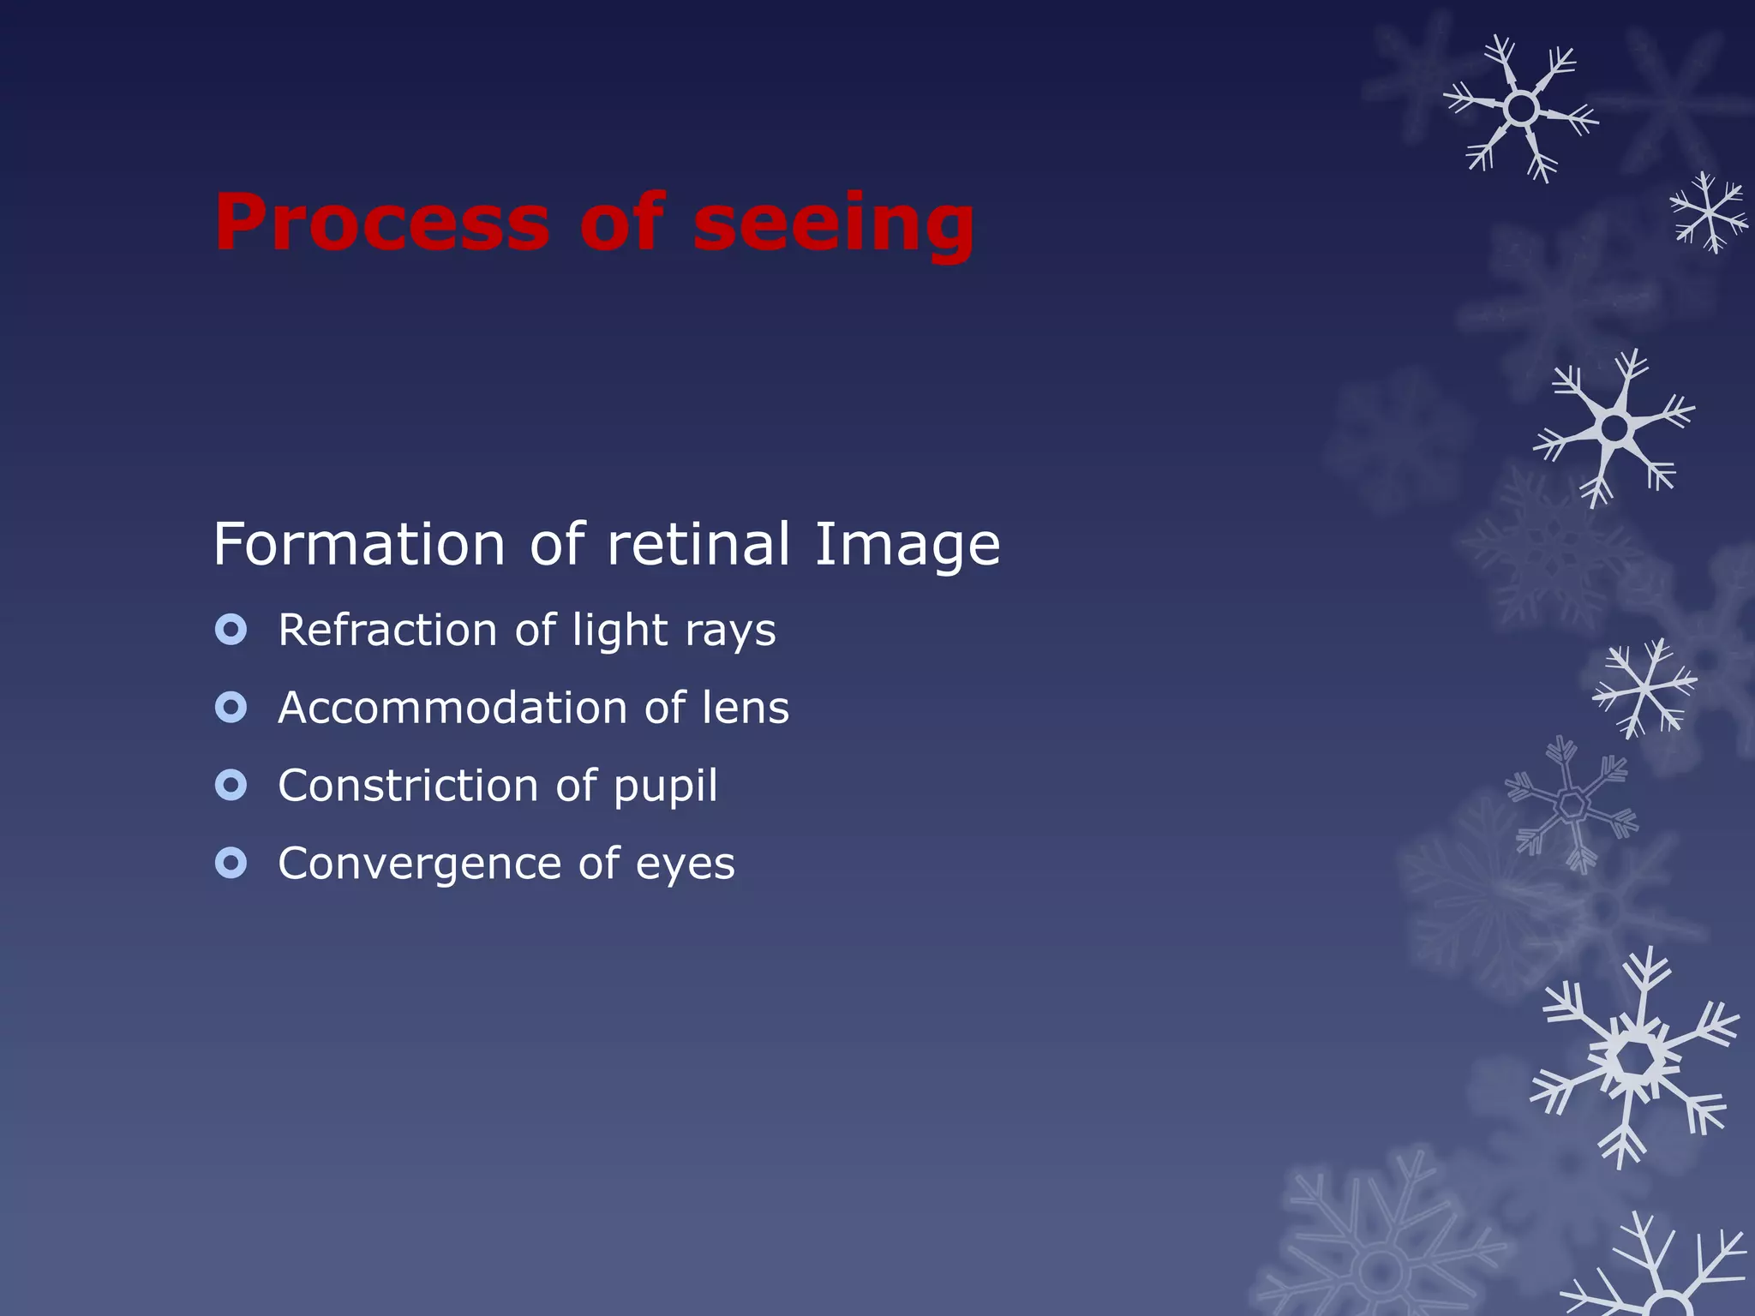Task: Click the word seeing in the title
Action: pos(833,224)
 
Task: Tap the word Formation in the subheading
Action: pos(359,544)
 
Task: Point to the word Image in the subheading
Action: pos(907,546)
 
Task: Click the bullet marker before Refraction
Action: pos(231,630)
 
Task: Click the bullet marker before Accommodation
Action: pos(231,708)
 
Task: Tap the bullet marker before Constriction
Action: pos(231,785)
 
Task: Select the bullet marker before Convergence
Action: pos(231,863)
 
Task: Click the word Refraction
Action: pos(387,630)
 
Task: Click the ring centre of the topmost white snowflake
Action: pos(1521,109)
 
